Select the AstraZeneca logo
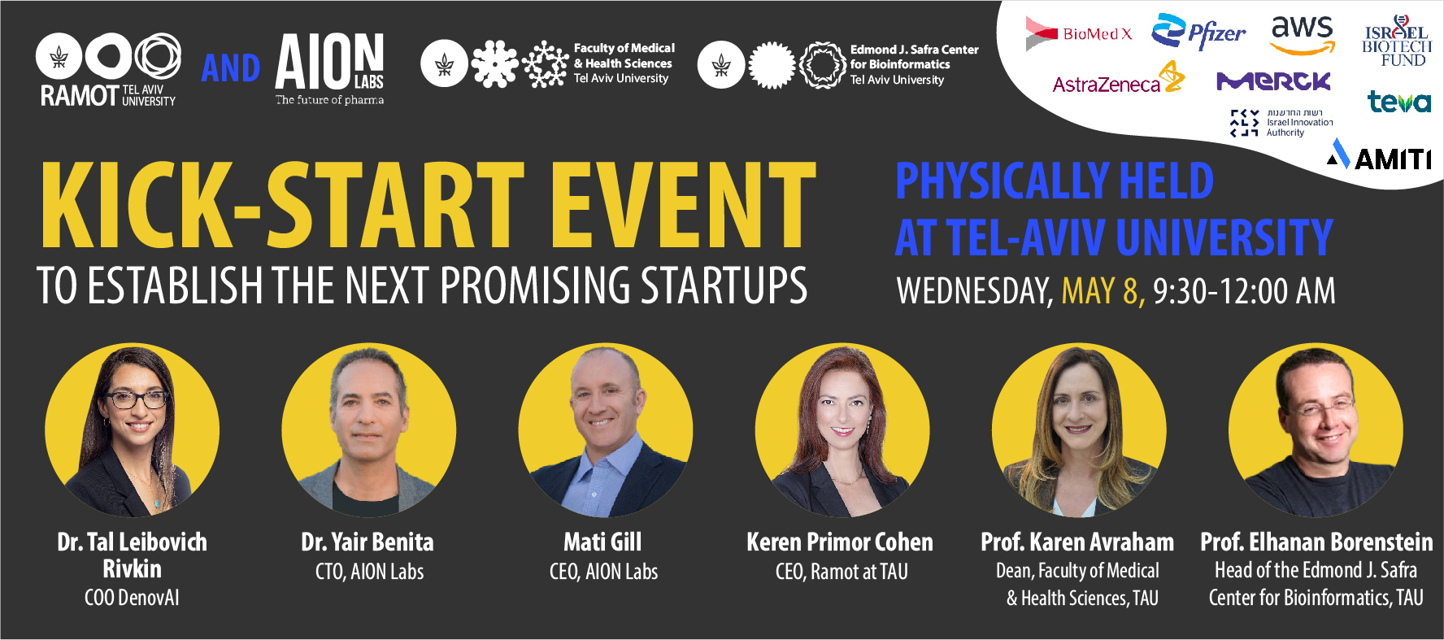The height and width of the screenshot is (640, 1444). pos(1119,79)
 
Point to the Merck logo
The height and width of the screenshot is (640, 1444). pos(1273,81)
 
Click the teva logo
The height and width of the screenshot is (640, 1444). pos(1398,102)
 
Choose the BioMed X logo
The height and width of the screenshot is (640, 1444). pos(1079,33)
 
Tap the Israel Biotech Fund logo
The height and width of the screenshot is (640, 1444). pos(1396,41)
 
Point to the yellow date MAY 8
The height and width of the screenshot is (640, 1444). pos(1103,290)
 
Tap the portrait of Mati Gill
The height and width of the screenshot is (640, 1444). pos(605,430)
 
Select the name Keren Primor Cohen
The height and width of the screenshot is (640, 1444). pos(840,542)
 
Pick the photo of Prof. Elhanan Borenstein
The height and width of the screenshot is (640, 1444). pos(1316,430)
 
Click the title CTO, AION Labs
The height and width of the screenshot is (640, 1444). pos(370,572)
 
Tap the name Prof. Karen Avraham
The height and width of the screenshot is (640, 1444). pos(1077,542)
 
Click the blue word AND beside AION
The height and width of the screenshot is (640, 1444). pos(231,68)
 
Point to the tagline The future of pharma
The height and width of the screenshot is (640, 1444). pos(329,100)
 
